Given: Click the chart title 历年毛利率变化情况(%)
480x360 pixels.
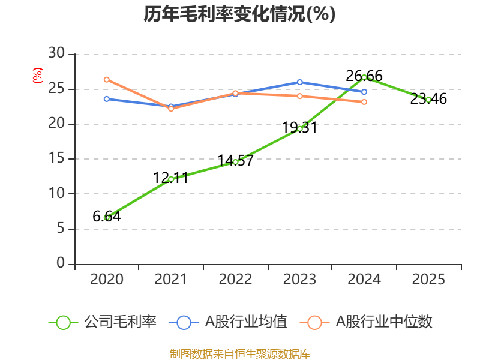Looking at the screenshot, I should tap(239, 14).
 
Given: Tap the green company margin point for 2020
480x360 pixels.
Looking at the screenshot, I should tap(107, 217).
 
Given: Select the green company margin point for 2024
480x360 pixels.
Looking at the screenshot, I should tap(364, 77).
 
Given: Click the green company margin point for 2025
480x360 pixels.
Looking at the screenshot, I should tap(428, 100).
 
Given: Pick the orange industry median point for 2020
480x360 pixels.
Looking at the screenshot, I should tap(107, 79).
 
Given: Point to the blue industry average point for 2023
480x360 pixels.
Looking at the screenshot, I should tap(300, 82).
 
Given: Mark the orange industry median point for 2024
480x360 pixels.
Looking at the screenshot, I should tap(364, 102).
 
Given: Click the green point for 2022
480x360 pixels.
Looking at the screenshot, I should tap(236, 161).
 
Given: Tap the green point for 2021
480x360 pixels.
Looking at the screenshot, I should tap(171, 179).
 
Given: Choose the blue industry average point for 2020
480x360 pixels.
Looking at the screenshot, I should tap(107, 98).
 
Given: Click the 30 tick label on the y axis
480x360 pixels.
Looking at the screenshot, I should tap(56, 54).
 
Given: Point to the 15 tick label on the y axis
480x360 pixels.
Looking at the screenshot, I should tap(56, 159).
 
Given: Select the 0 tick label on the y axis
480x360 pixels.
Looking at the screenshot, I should tap(60, 263).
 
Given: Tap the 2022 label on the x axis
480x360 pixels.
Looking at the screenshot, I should tap(235, 280).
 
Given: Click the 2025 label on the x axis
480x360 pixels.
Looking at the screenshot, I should tap(428, 280).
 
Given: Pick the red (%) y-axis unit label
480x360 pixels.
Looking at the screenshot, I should tap(38, 76).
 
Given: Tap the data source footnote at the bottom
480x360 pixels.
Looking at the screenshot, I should tap(239, 353).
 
